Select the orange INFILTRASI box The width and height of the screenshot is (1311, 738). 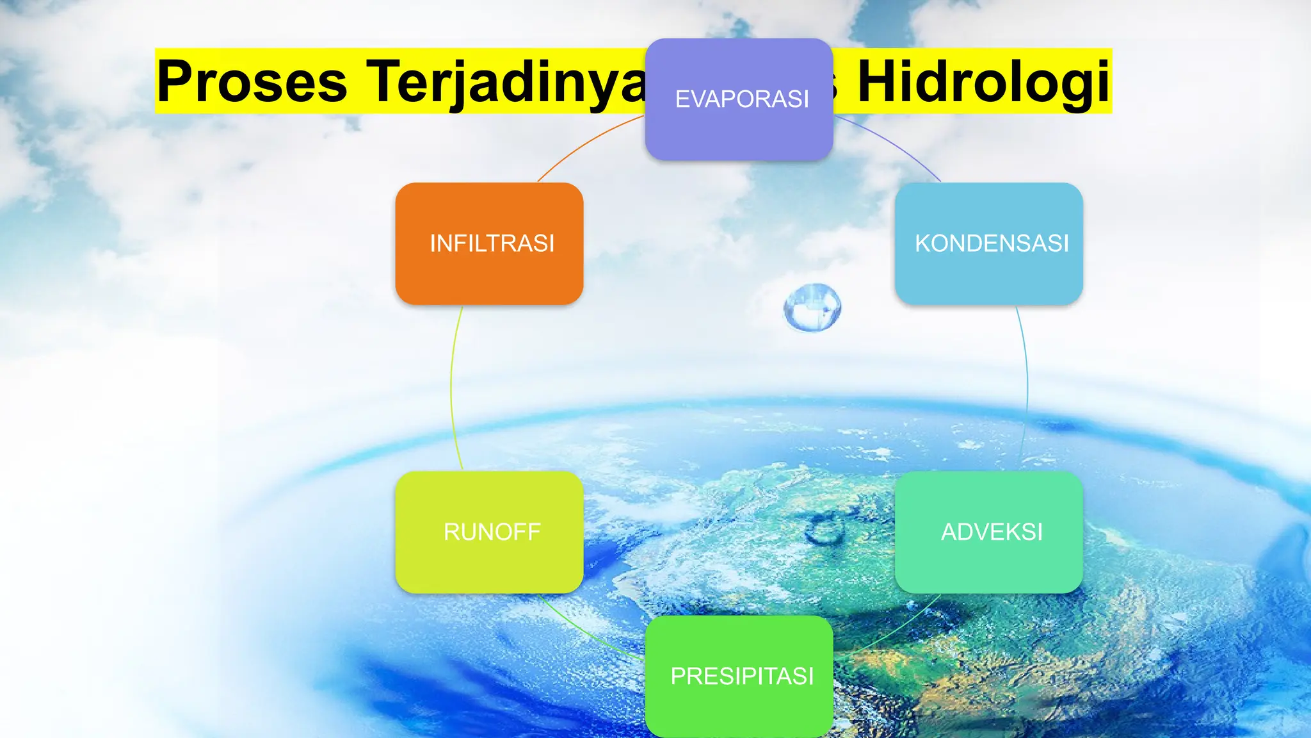[489, 269]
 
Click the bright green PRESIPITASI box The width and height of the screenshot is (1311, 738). [739, 705]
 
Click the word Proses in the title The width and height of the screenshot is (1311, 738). [252, 81]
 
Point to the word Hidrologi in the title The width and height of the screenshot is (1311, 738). [983, 81]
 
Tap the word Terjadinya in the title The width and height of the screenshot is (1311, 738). [506, 81]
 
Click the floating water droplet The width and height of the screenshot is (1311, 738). [812, 307]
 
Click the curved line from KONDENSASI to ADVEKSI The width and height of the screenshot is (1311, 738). [1027, 388]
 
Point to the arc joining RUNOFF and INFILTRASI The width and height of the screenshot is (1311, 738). [451, 388]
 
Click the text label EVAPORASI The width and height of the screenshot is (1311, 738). [742, 99]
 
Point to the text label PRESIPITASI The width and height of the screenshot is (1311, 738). [742, 676]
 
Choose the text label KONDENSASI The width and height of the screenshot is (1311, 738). [992, 243]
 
